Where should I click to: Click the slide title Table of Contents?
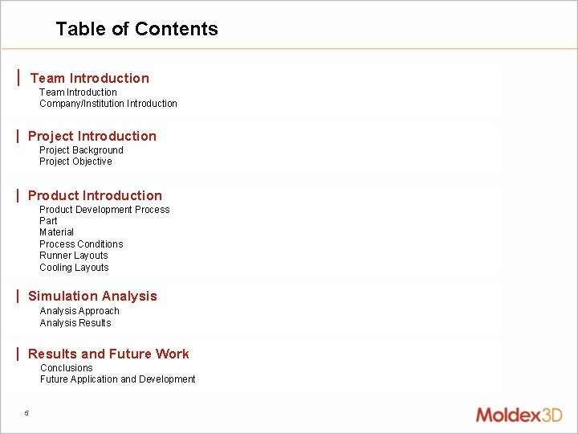[136, 29]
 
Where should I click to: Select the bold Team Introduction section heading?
[89, 78]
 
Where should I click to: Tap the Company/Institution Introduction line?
[108, 104]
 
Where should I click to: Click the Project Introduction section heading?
[92, 136]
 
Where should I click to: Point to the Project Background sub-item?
[81, 150]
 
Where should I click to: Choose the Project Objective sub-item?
[75, 162]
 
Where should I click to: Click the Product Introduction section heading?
[95, 195]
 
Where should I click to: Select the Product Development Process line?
[104, 210]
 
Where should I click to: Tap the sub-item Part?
[48, 221]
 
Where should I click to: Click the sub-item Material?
[56, 232]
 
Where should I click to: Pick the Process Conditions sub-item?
[81, 244]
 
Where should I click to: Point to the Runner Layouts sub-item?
[73, 256]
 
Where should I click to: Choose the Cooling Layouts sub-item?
[74, 268]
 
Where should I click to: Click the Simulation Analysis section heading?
[92, 296]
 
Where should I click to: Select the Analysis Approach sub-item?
[79, 311]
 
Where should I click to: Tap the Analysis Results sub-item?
[75, 323]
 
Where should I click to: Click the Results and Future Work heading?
[108, 354]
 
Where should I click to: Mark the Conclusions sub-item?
[67, 368]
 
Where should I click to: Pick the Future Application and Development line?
[117, 379]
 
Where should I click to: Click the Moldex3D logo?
[519, 415]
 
